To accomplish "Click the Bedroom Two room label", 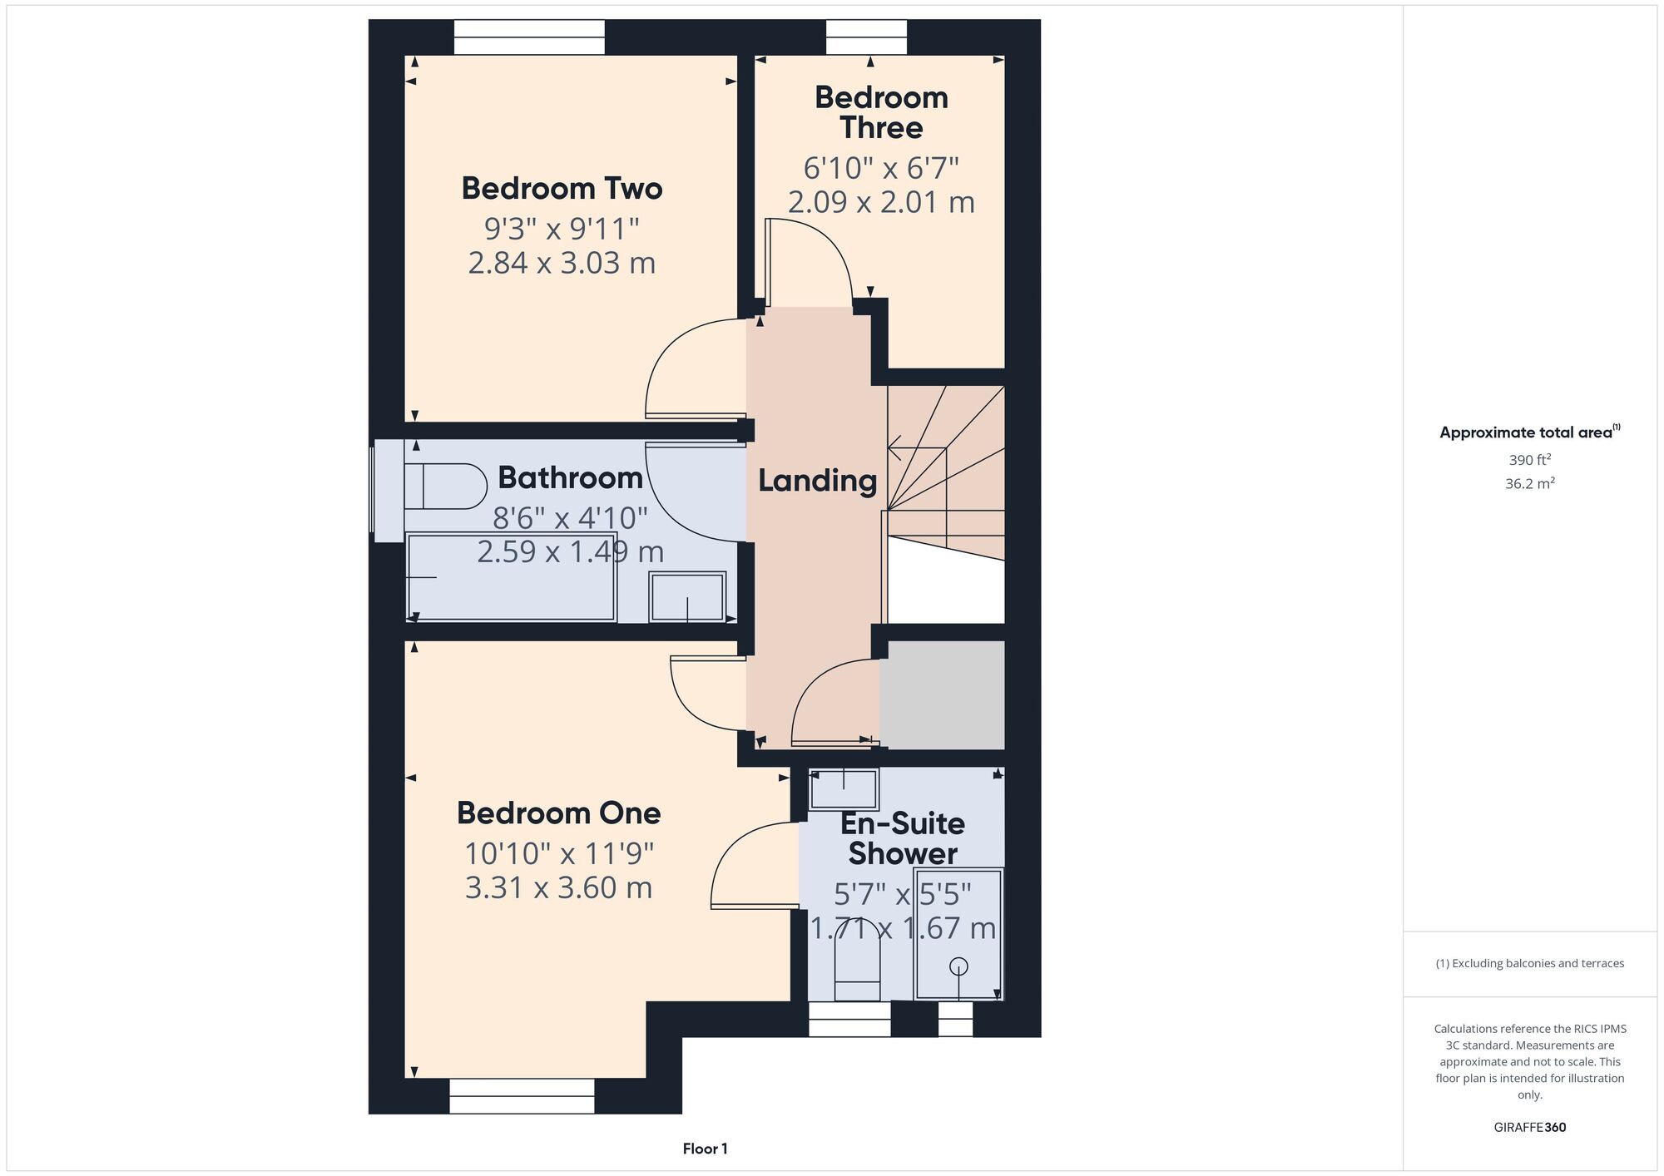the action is (x=562, y=189).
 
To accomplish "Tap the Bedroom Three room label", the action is (x=881, y=112).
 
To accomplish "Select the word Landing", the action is (x=817, y=482).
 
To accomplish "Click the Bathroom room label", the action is (x=570, y=478).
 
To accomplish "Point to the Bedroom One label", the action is (x=558, y=813).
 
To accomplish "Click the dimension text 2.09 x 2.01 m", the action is (x=881, y=202).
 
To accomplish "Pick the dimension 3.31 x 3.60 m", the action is (x=558, y=887).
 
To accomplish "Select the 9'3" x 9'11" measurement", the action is (x=562, y=228).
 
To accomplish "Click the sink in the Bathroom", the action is (x=687, y=596).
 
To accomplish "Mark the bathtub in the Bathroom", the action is (x=511, y=576).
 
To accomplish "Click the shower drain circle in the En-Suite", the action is (x=958, y=966).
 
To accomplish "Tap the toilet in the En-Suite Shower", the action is (x=857, y=970).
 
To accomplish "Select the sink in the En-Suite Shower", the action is (x=844, y=789).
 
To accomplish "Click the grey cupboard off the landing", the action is (x=942, y=695).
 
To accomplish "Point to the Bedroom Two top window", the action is (x=529, y=37).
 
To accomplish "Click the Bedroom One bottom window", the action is (x=522, y=1096).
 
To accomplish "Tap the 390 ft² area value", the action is (x=1530, y=459).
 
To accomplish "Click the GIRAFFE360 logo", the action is (x=1530, y=1128).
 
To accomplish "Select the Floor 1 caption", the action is (x=706, y=1149).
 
